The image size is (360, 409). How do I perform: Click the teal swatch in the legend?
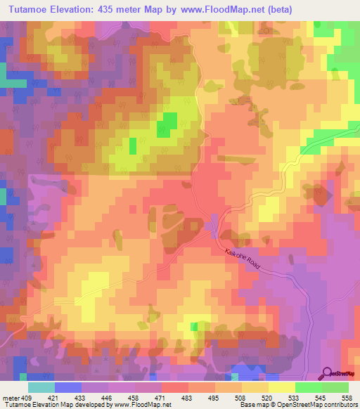tap(41, 387)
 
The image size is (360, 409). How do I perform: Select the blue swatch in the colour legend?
tap(67, 387)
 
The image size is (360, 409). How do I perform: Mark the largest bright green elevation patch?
tap(167, 124)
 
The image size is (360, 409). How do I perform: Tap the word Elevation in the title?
tap(72, 9)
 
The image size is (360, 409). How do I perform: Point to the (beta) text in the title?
tap(278, 9)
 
